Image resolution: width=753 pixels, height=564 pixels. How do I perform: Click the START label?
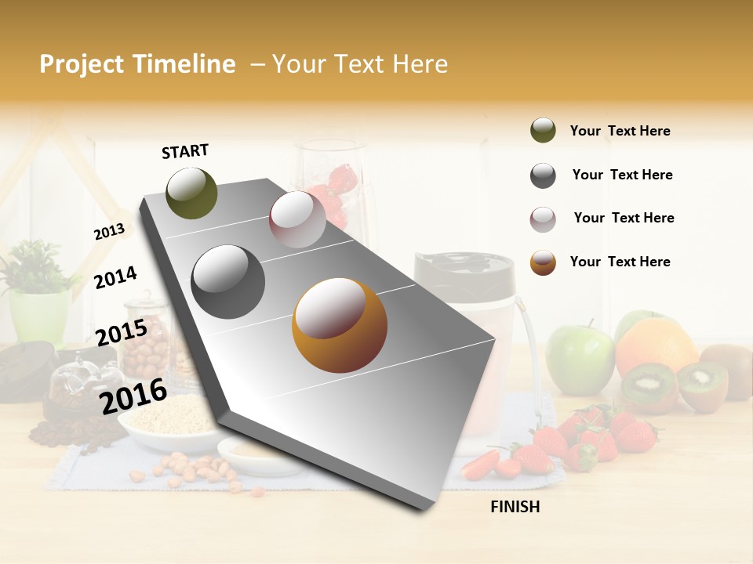(185, 151)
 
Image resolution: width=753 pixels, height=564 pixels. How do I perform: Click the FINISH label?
(515, 507)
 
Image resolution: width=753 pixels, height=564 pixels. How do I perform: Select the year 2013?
(109, 231)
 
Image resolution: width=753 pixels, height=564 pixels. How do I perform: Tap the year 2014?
(115, 277)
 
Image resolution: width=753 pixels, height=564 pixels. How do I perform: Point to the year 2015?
(122, 333)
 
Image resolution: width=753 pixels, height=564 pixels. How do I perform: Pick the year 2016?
(133, 396)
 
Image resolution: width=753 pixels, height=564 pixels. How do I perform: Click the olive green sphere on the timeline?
(191, 193)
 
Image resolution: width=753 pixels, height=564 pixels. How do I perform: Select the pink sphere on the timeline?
(297, 219)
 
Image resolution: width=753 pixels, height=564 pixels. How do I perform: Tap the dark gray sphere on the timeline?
(228, 281)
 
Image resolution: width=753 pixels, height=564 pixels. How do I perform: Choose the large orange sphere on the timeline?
(340, 325)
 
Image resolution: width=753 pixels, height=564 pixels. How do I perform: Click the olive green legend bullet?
(543, 131)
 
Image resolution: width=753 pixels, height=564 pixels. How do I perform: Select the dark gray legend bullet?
(543, 175)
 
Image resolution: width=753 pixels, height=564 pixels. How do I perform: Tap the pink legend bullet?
(543, 219)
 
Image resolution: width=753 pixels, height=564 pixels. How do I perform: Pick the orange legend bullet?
(543, 262)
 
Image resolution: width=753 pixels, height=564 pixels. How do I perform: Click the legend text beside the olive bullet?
(620, 131)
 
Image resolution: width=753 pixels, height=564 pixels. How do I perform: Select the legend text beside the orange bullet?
(620, 262)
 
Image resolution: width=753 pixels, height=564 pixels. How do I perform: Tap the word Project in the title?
(81, 64)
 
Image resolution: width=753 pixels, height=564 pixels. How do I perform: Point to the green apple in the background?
(580, 359)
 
